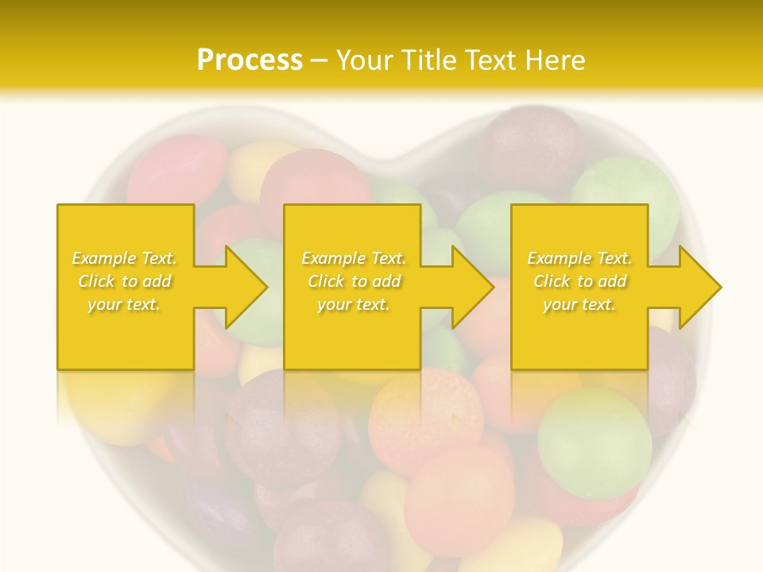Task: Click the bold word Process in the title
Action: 250,60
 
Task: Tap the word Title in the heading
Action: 427,60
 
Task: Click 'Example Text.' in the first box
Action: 124,258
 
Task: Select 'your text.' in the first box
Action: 124,304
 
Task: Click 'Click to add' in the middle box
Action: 354,281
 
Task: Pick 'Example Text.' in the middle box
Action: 354,258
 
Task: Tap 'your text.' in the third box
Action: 579,304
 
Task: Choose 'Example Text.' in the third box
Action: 579,258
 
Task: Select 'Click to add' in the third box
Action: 579,281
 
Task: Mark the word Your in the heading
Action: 365,60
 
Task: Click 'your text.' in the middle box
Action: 354,304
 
